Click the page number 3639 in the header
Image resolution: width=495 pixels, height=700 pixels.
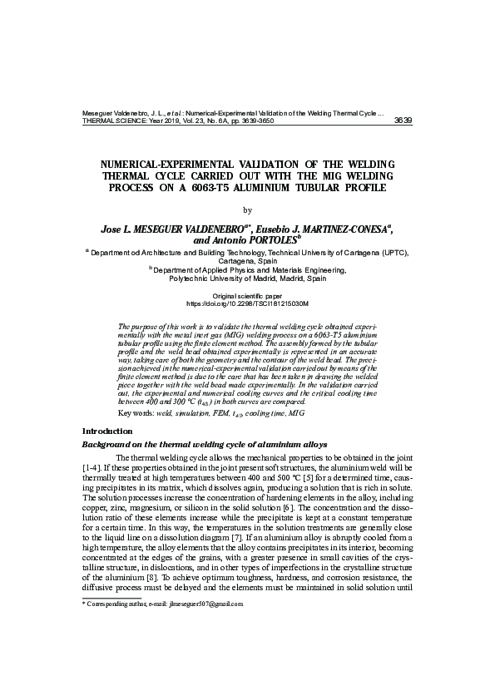click(403, 121)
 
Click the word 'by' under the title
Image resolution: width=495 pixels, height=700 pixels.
click(246, 209)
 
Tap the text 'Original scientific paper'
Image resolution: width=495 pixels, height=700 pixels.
click(247, 296)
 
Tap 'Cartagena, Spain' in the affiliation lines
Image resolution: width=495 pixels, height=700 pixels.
click(247, 259)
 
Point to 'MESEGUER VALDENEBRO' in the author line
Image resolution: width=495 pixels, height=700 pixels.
click(190, 226)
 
